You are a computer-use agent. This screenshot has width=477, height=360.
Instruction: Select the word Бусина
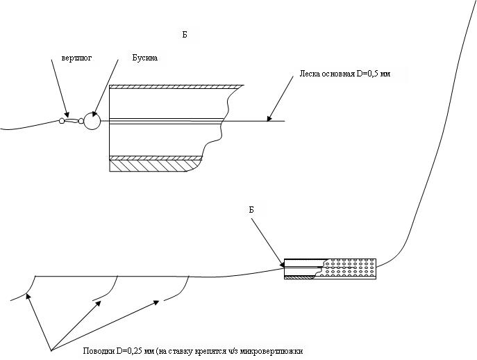point(146,58)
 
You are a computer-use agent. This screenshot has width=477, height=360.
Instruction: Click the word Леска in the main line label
point(310,73)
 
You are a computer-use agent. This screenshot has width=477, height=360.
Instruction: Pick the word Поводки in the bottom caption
point(97,350)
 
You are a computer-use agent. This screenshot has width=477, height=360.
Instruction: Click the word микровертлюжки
point(272,350)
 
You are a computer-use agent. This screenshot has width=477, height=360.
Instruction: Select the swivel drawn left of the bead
point(71,121)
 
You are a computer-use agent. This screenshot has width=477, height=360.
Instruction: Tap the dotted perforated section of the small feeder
point(351,268)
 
